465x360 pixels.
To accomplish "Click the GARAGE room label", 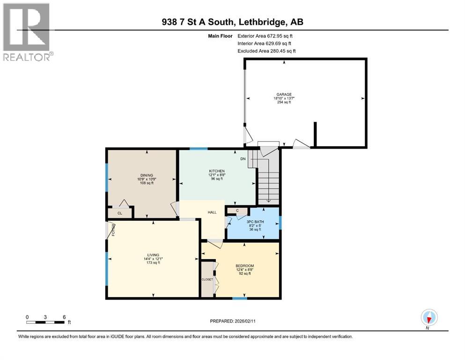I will (x=283, y=94).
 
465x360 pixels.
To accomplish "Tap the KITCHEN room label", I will (x=216, y=171).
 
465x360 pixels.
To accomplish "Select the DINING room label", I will (x=147, y=175).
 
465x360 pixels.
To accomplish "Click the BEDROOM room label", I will (x=244, y=266).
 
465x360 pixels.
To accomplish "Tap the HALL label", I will (x=212, y=212).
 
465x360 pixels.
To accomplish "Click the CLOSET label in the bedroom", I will (x=207, y=279).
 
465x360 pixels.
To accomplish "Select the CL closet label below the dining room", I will (x=119, y=213).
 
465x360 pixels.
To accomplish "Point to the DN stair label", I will (x=243, y=159).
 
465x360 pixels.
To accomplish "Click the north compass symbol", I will (x=428, y=317).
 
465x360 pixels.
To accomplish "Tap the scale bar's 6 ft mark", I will (x=64, y=317).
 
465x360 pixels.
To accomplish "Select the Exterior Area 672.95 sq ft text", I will (x=266, y=36).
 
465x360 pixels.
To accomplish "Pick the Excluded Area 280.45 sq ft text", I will (x=266, y=51).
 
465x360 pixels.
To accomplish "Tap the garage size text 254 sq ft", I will (x=283, y=102).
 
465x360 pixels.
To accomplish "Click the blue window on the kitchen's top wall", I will (x=199, y=149).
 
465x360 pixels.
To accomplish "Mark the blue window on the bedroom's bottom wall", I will (x=240, y=298).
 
